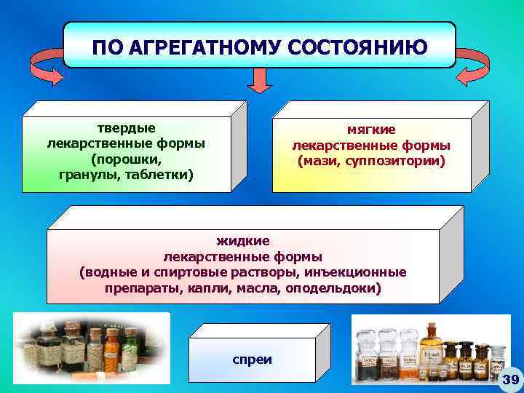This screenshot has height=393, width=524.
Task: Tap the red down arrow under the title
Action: pyautogui.click(x=258, y=80)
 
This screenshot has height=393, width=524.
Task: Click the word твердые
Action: pyautogui.click(x=126, y=128)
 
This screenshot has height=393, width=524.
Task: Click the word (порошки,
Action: pyautogui.click(x=126, y=159)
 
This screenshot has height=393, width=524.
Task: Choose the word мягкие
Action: pyautogui.click(x=371, y=128)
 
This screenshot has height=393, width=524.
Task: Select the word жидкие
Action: pyautogui.click(x=243, y=241)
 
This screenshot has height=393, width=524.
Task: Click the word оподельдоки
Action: pyautogui.click(x=334, y=288)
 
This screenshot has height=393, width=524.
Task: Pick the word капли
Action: pyautogui.click(x=214, y=288)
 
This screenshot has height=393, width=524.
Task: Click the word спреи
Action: pyautogui.click(x=252, y=360)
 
